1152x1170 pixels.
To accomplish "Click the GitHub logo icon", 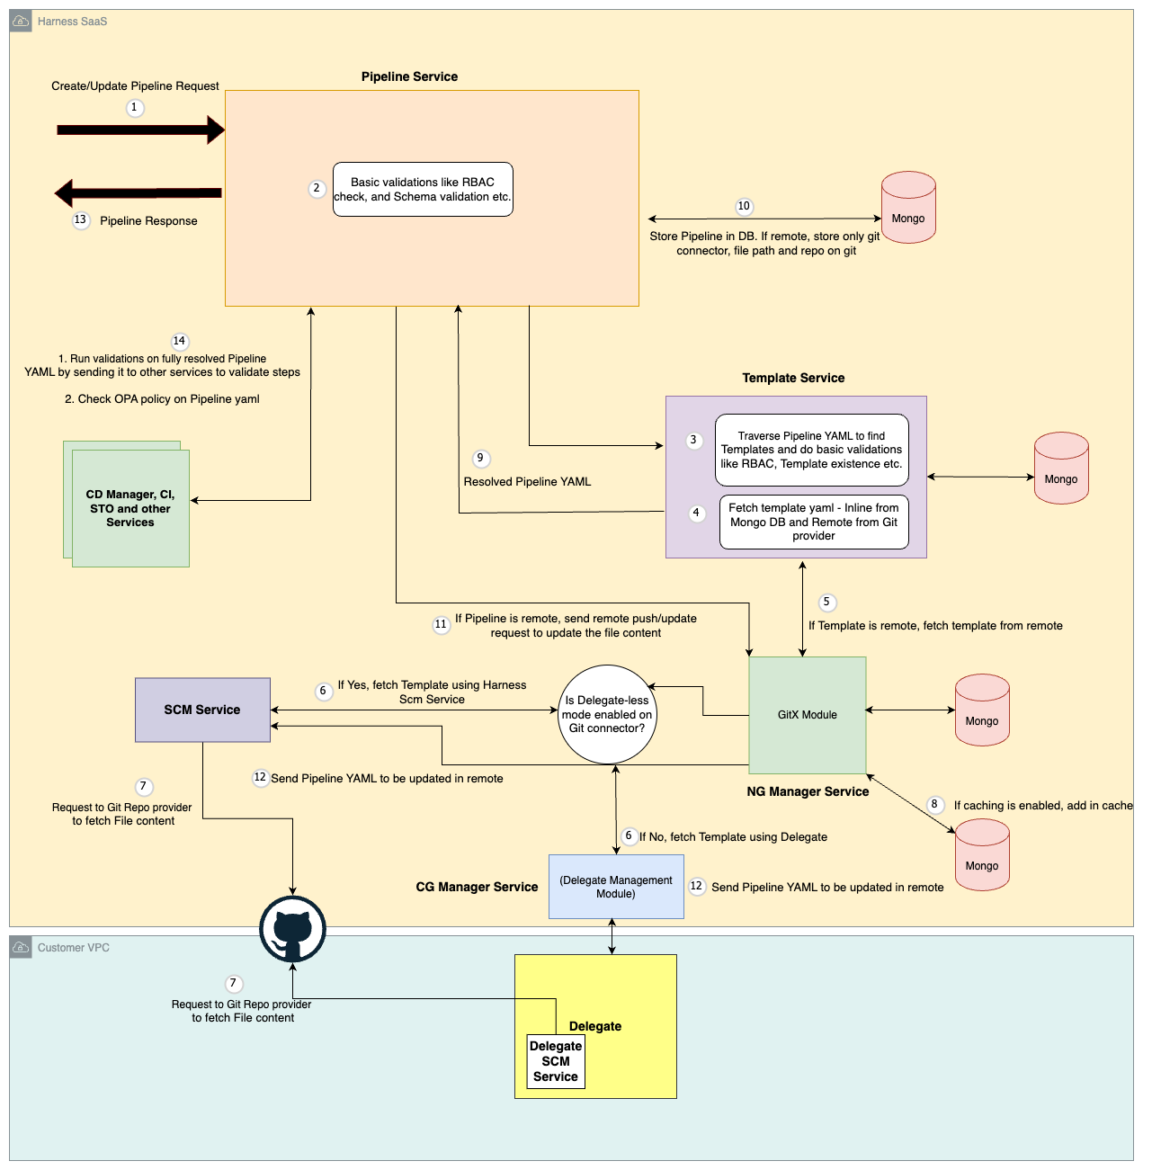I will click(x=292, y=930).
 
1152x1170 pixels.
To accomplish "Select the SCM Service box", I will click(x=202, y=710).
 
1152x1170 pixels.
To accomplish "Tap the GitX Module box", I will click(x=807, y=715).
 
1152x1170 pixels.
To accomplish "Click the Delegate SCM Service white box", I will click(x=556, y=1061).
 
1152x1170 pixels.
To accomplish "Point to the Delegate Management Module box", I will click(x=616, y=887).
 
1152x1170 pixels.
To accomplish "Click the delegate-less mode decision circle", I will click(x=607, y=715).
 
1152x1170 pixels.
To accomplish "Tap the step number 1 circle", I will click(x=135, y=108).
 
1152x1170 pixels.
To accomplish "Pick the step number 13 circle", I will click(x=81, y=220).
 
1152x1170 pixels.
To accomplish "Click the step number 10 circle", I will click(x=744, y=207).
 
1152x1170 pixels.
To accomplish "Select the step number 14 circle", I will click(x=180, y=342).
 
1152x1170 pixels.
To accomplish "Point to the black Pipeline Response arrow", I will click(x=139, y=192).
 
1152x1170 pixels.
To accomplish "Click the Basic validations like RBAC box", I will click(x=423, y=189).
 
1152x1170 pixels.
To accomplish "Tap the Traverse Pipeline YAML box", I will click(x=812, y=450).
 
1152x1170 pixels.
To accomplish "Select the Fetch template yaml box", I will click(x=814, y=522).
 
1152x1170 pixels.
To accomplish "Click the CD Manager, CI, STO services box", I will click(x=130, y=508).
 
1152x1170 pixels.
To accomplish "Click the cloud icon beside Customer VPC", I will click(x=21, y=948).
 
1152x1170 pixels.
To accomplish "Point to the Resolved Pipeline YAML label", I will click(x=527, y=482).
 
